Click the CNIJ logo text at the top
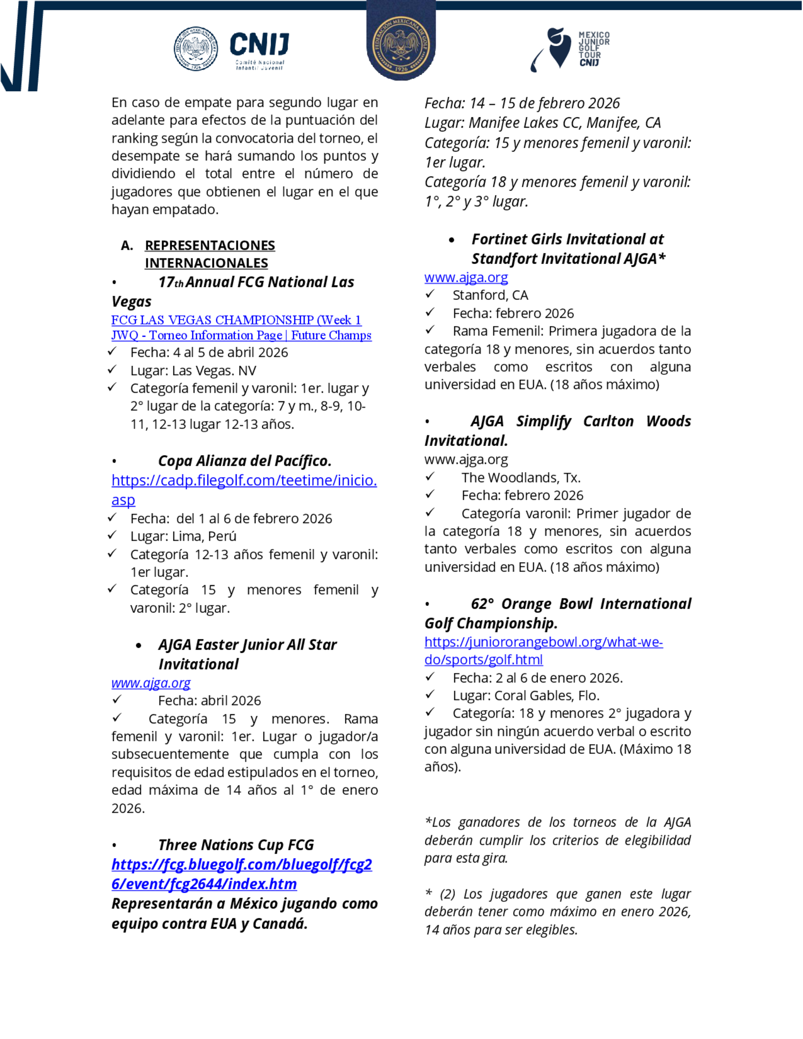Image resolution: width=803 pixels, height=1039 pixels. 259,45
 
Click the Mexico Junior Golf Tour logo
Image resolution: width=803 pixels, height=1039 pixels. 571,49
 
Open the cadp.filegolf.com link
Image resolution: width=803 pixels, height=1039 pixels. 244,481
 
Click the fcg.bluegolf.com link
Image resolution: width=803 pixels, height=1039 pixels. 242,864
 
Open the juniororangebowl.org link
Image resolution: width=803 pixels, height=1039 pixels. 543,642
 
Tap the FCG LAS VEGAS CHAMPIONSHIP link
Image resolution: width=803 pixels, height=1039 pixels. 236,320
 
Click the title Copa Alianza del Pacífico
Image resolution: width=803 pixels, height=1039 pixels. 245,460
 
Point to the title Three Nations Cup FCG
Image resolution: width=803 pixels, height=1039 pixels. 236,845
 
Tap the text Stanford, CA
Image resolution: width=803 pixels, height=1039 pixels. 490,295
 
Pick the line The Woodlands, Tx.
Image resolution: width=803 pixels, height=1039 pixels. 521,478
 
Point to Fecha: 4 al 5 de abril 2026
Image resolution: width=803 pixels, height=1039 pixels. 209,352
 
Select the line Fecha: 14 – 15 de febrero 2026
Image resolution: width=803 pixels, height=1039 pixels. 522,103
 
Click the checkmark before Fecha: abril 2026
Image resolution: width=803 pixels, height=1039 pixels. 117,700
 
